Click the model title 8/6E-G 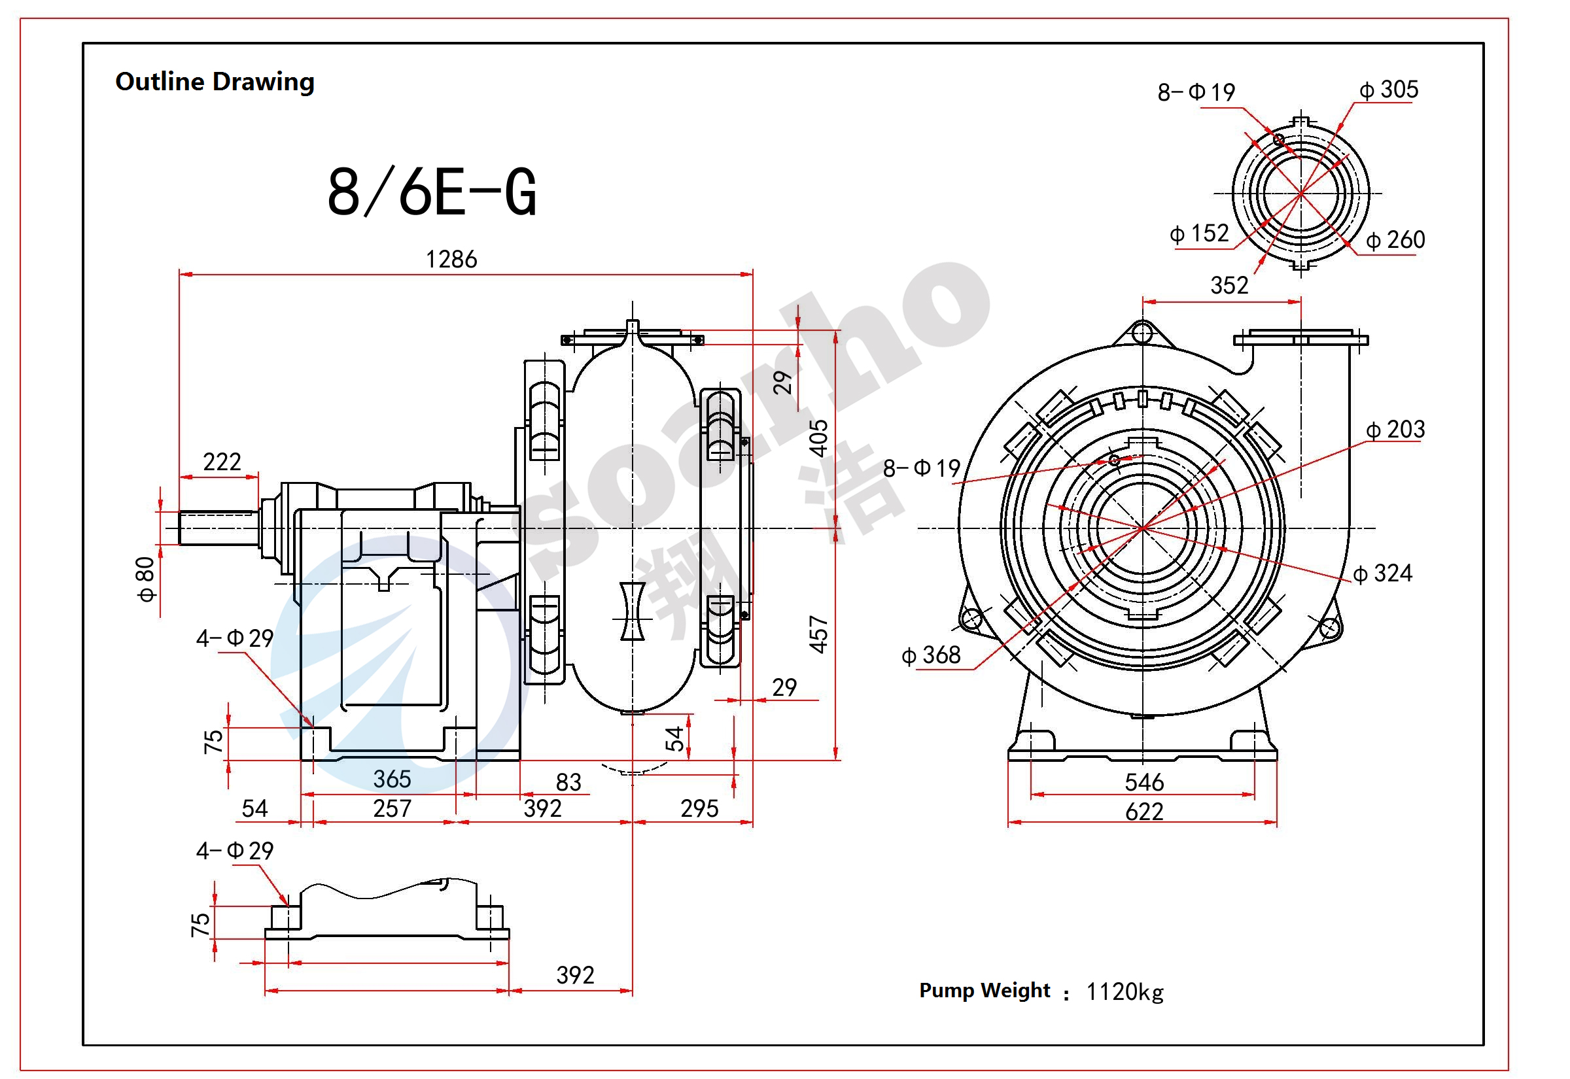point(431,193)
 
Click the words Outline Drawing point(215,82)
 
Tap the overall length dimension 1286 point(451,259)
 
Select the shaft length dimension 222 point(222,462)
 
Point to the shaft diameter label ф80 point(145,579)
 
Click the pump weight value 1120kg point(1125,992)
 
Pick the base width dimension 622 point(1144,812)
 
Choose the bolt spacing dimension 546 point(1144,782)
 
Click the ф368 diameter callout point(931,655)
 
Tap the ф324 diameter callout point(1383,574)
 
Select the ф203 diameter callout point(1395,429)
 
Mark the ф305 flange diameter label point(1389,89)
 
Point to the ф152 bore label point(1199,233)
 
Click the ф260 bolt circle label point(1395,240)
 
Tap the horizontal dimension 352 point(1229,285)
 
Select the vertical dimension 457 point(818,634)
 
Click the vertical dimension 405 point(818,438)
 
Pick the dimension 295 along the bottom point(699,808)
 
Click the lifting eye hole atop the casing point(1142,333)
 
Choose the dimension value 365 point(392,779)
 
